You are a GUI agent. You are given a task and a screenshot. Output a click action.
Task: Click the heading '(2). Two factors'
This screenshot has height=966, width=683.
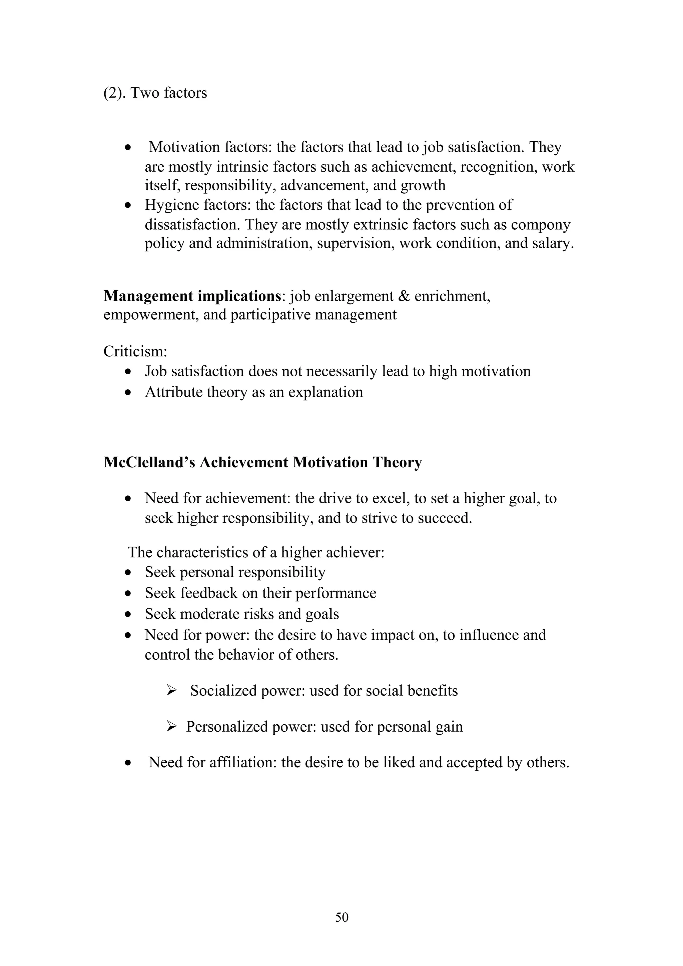click(x=155, y=93)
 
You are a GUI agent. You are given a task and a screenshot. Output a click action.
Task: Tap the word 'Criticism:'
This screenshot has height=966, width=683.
click(x=135, y=351)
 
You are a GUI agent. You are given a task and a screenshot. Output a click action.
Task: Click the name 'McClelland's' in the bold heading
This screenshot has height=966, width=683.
click(x=149, y=462)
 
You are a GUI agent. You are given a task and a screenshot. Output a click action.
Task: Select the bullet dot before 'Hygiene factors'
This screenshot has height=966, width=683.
click(x=128, y=206)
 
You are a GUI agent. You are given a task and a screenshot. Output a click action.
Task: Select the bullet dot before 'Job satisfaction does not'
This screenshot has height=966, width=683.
click(x=128, y=372)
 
